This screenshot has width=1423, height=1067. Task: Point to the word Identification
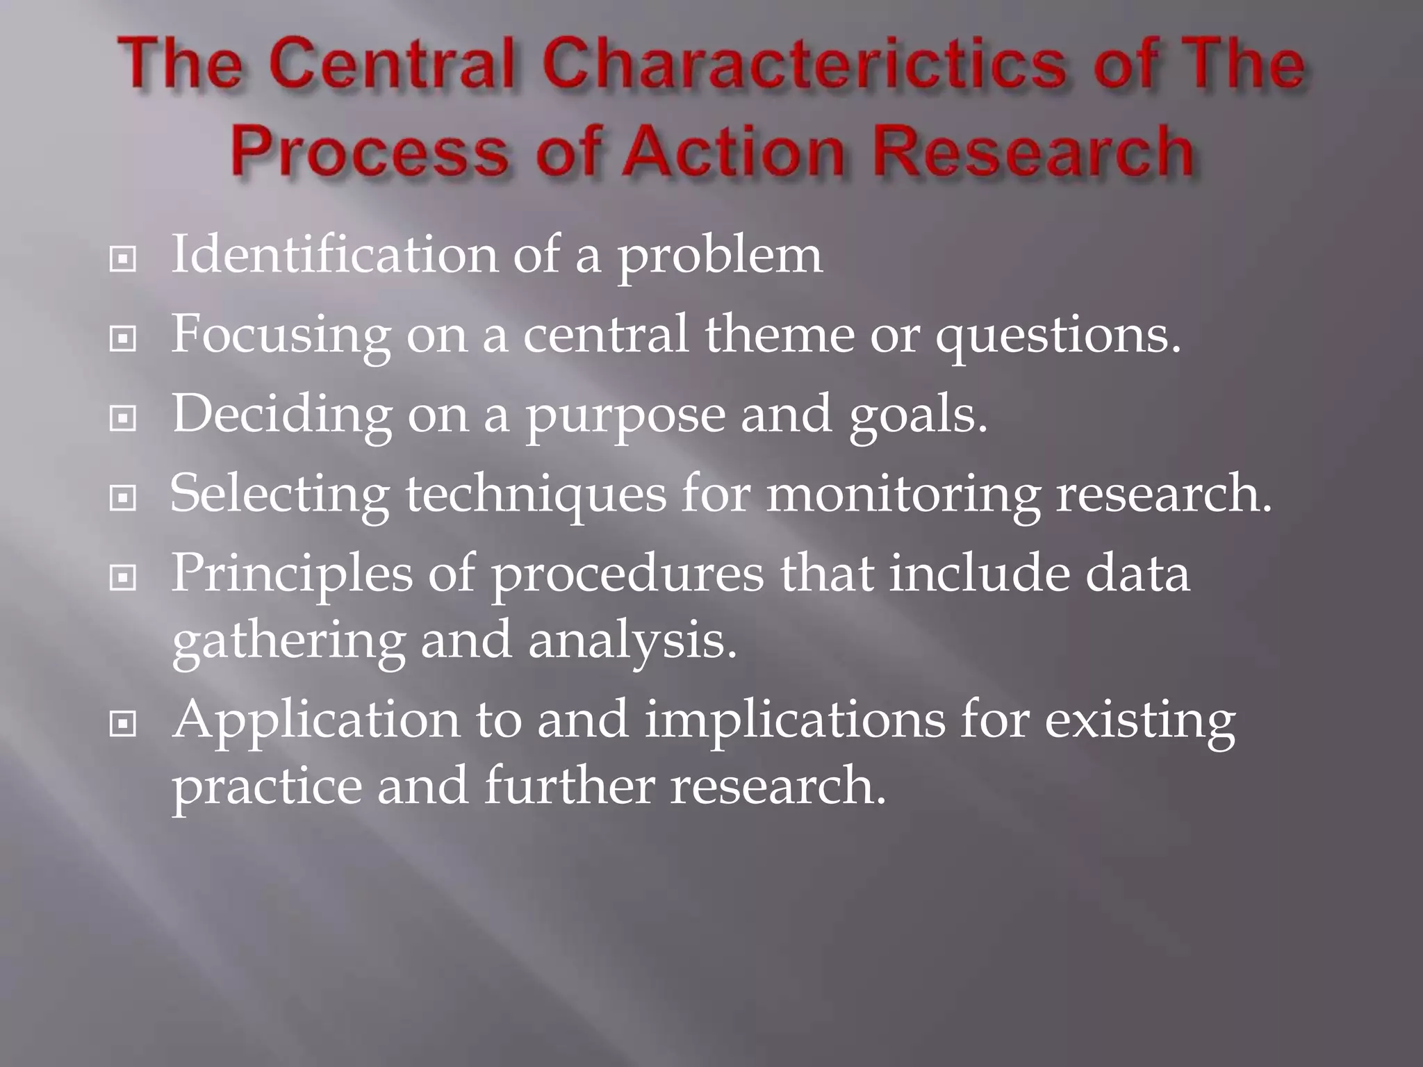tap(334, 255)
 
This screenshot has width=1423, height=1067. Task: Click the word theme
tap(779, 334)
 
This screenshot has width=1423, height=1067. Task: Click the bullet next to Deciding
tap(123, 418)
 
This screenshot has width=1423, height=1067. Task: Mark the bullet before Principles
tap(123, 577)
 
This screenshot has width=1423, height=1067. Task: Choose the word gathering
tap(288, 641)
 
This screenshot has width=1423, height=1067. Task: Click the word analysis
tap(632, 641)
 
